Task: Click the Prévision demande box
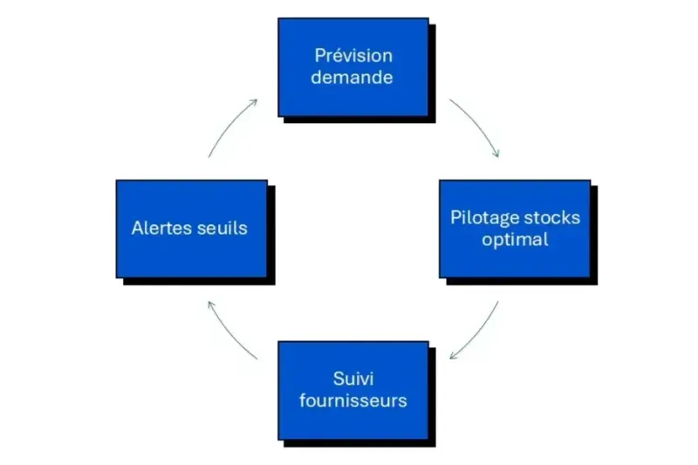point(353,67)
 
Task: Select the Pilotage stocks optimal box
point(515,229)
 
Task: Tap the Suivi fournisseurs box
point(353,390)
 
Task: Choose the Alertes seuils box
point(191,229)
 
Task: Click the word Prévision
point(353,56)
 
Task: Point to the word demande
point(353,78)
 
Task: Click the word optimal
point(515,239)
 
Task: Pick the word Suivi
point(353,379)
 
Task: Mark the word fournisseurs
point(353,401)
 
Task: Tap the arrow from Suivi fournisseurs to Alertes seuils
point(229,332)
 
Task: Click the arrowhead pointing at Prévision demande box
point(254,101)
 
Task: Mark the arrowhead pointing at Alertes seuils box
point(209,304)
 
